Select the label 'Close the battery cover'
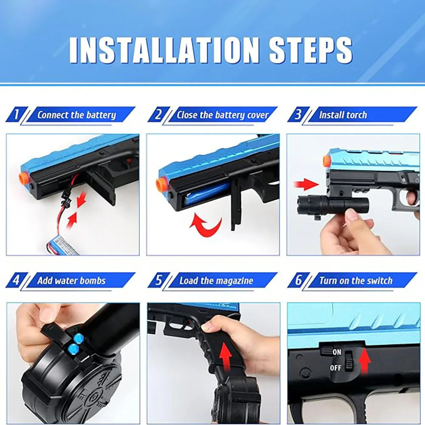223,115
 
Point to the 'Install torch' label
343,115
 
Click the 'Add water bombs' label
71,280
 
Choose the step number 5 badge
159,280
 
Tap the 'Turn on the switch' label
356,280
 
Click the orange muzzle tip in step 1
23,178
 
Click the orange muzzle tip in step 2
161,185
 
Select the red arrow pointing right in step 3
306,184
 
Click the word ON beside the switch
337,352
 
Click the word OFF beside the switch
336,368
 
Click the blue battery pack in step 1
63,245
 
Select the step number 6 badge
298,280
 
